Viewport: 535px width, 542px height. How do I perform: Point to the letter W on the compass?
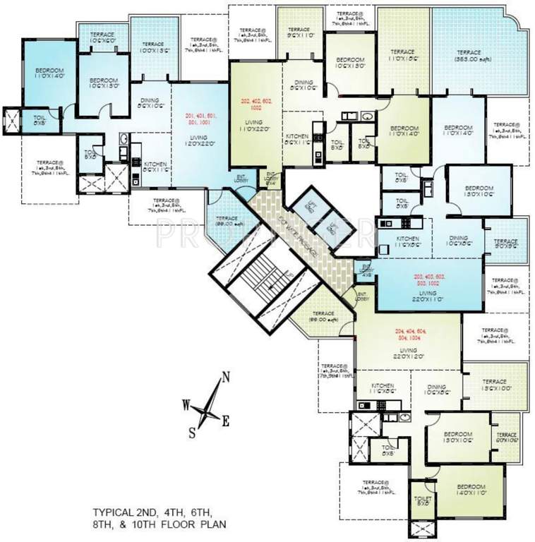coord(186,404)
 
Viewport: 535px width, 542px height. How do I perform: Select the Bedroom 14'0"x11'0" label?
coord(469,491)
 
